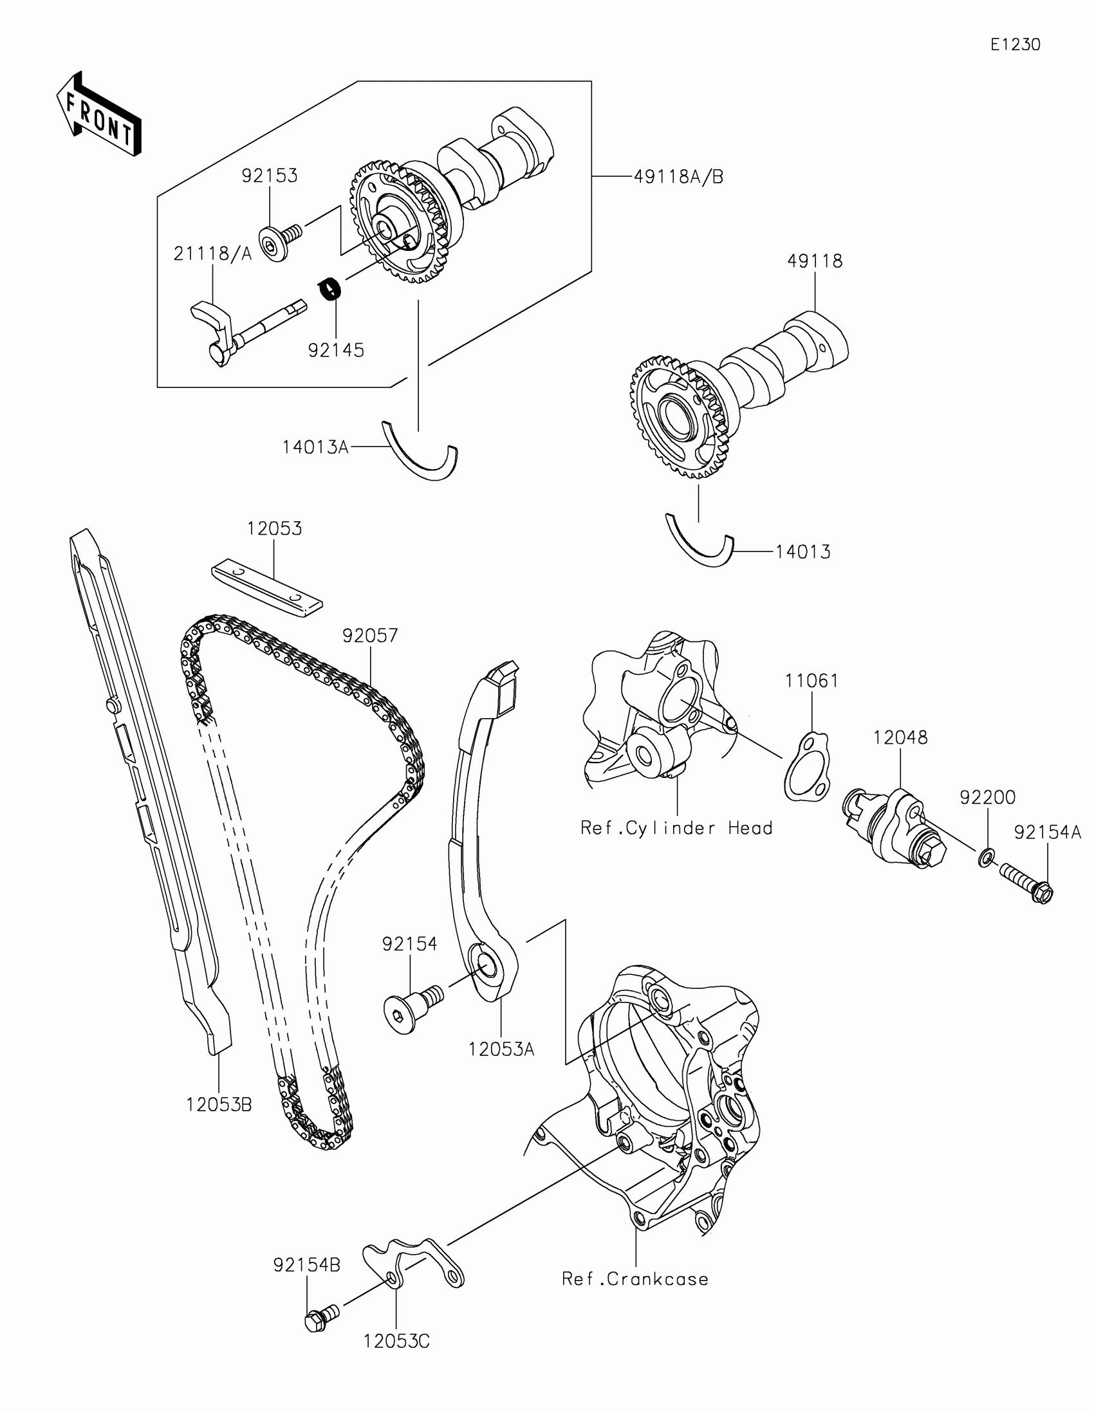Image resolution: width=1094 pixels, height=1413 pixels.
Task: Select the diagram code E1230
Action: [x=1015, y=44]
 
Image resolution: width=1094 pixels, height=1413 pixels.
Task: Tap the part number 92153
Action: [x=270, y=176]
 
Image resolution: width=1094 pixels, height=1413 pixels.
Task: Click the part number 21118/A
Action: [x=212, y=254]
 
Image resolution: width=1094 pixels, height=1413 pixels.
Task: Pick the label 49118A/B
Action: [x=678, y=176]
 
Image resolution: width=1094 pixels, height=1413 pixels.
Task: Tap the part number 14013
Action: [x=803, y=552]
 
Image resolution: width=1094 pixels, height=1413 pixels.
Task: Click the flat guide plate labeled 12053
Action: [x=266, y=587]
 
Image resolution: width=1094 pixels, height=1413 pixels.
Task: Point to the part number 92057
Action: [x=370, y=636]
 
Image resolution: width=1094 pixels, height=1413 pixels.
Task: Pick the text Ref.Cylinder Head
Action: [x=676, y=828]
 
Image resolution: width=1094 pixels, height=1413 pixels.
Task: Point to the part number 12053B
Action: [x=219, y=1105]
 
